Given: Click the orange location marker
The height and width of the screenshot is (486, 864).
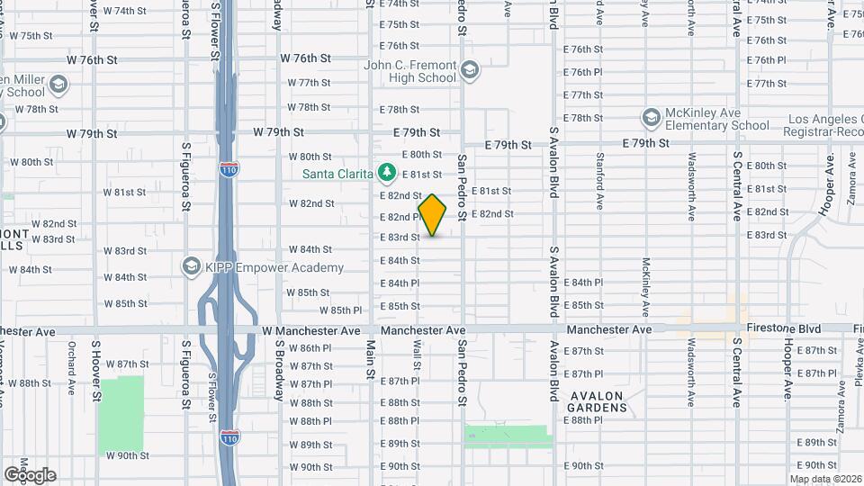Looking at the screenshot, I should pos(432,216).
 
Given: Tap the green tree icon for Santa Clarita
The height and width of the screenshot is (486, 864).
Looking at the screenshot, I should pos(387,171).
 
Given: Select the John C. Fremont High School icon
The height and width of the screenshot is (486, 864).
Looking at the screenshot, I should pos(469,70).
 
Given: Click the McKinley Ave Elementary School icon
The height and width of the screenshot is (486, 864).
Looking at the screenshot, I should pos(651,118).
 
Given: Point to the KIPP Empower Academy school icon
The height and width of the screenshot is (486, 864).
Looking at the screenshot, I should pos(190,266).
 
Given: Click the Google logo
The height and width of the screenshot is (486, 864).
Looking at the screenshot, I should pos(30,474).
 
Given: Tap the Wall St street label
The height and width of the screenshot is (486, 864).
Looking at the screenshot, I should pos(418,354).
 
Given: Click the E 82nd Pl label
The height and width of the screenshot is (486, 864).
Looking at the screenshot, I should pos(400,217).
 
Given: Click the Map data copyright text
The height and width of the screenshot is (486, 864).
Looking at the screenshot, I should pos(825,478).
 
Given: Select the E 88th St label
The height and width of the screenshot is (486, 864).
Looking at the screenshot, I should pos(400,403).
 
